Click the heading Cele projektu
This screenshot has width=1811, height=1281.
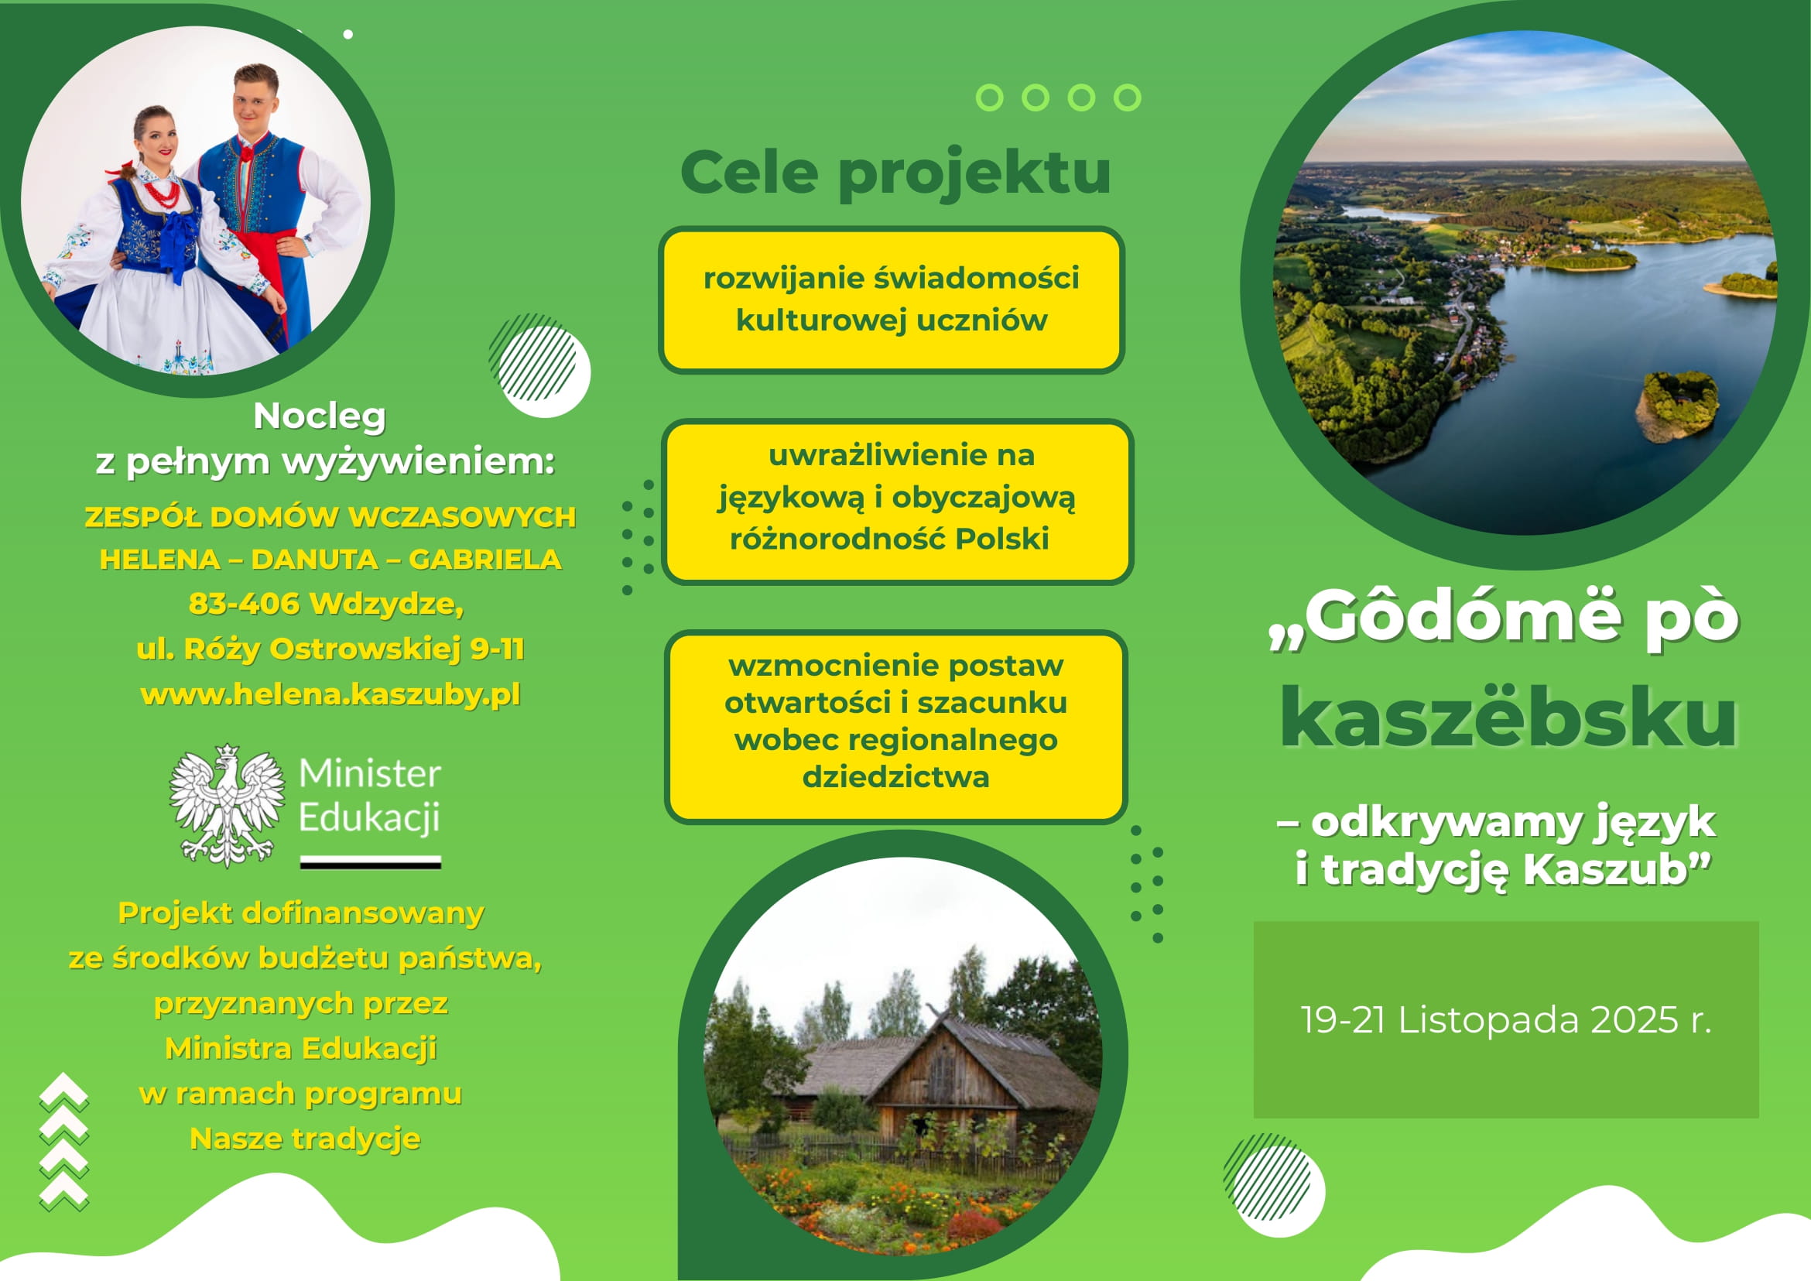click(895, 172)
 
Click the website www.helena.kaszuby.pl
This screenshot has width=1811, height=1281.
click(330, 694)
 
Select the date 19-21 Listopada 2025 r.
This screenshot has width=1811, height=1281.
click(1505, 1019)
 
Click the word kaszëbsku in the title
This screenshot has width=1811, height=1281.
click(1508, 718)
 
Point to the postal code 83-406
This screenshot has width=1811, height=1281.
click(245, 604)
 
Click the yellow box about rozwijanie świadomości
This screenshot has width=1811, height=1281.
click(892, 300)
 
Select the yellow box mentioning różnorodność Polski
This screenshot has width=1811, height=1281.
click(897, 502)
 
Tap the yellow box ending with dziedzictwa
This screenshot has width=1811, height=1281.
click(896, 727)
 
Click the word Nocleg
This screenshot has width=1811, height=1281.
click(320, 416)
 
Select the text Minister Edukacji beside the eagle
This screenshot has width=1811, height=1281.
click(369, 795)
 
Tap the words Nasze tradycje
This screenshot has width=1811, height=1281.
click(304, 1139)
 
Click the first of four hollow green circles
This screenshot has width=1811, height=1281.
click(989, 97)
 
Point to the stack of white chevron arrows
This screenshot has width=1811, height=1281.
click(64, 1142)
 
